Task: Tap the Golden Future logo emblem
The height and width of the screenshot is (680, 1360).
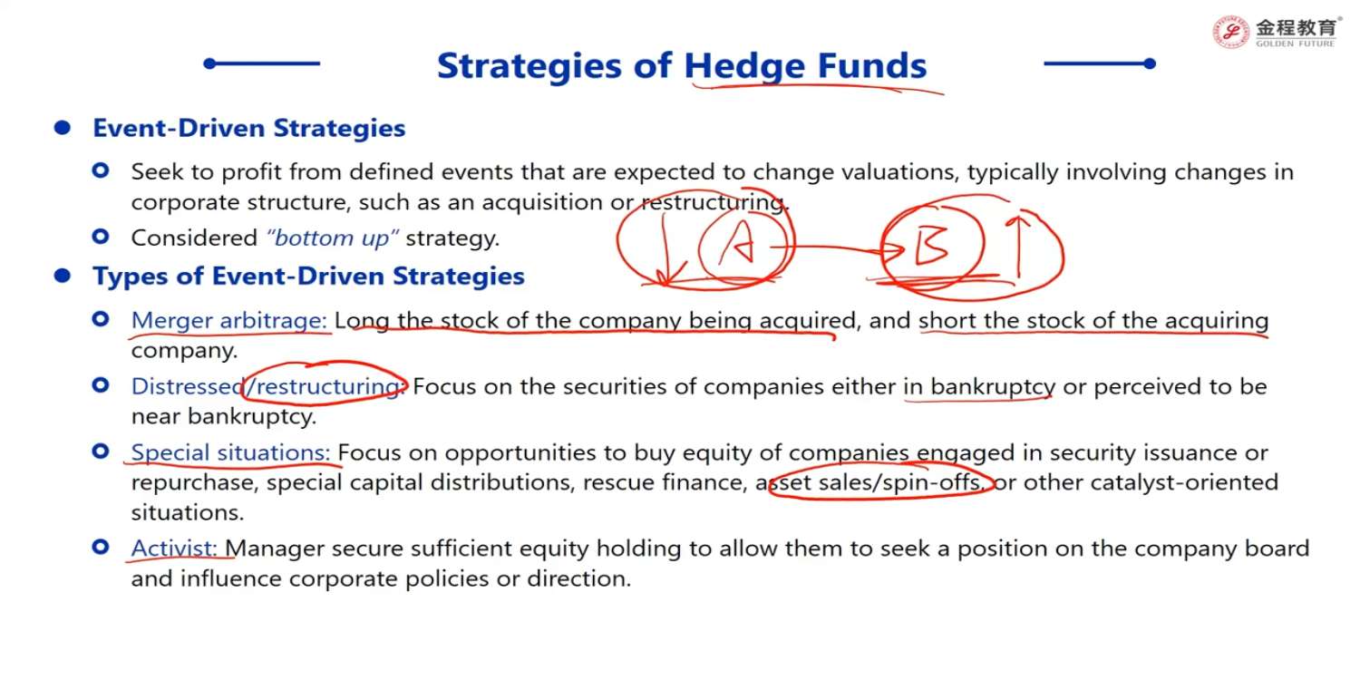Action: pyautogui.click(x=1230, y=32)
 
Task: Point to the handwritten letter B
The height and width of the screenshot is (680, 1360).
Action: pyautogui.click(x=931, y=246)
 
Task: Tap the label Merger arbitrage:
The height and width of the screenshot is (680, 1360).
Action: pyautogui.click(x=228, y=321)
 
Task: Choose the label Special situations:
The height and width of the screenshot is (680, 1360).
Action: pyautogui.click(x=230, y=453)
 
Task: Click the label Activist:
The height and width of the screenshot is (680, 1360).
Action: pyautogui.click(x=174, y=549)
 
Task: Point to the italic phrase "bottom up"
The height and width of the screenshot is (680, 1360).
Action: pyautogui.click(x=332, y=238)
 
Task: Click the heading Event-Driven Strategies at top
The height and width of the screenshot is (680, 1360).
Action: pyautogui.click(x=249, y=128)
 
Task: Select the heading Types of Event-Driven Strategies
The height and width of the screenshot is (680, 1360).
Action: pyautogui.click(x=308, y=277)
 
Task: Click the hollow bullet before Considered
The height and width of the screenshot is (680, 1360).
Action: pyautogui.click(x=101, y=236)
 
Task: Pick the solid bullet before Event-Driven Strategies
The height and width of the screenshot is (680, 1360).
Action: pyautogui.click(x=63, y=128)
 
